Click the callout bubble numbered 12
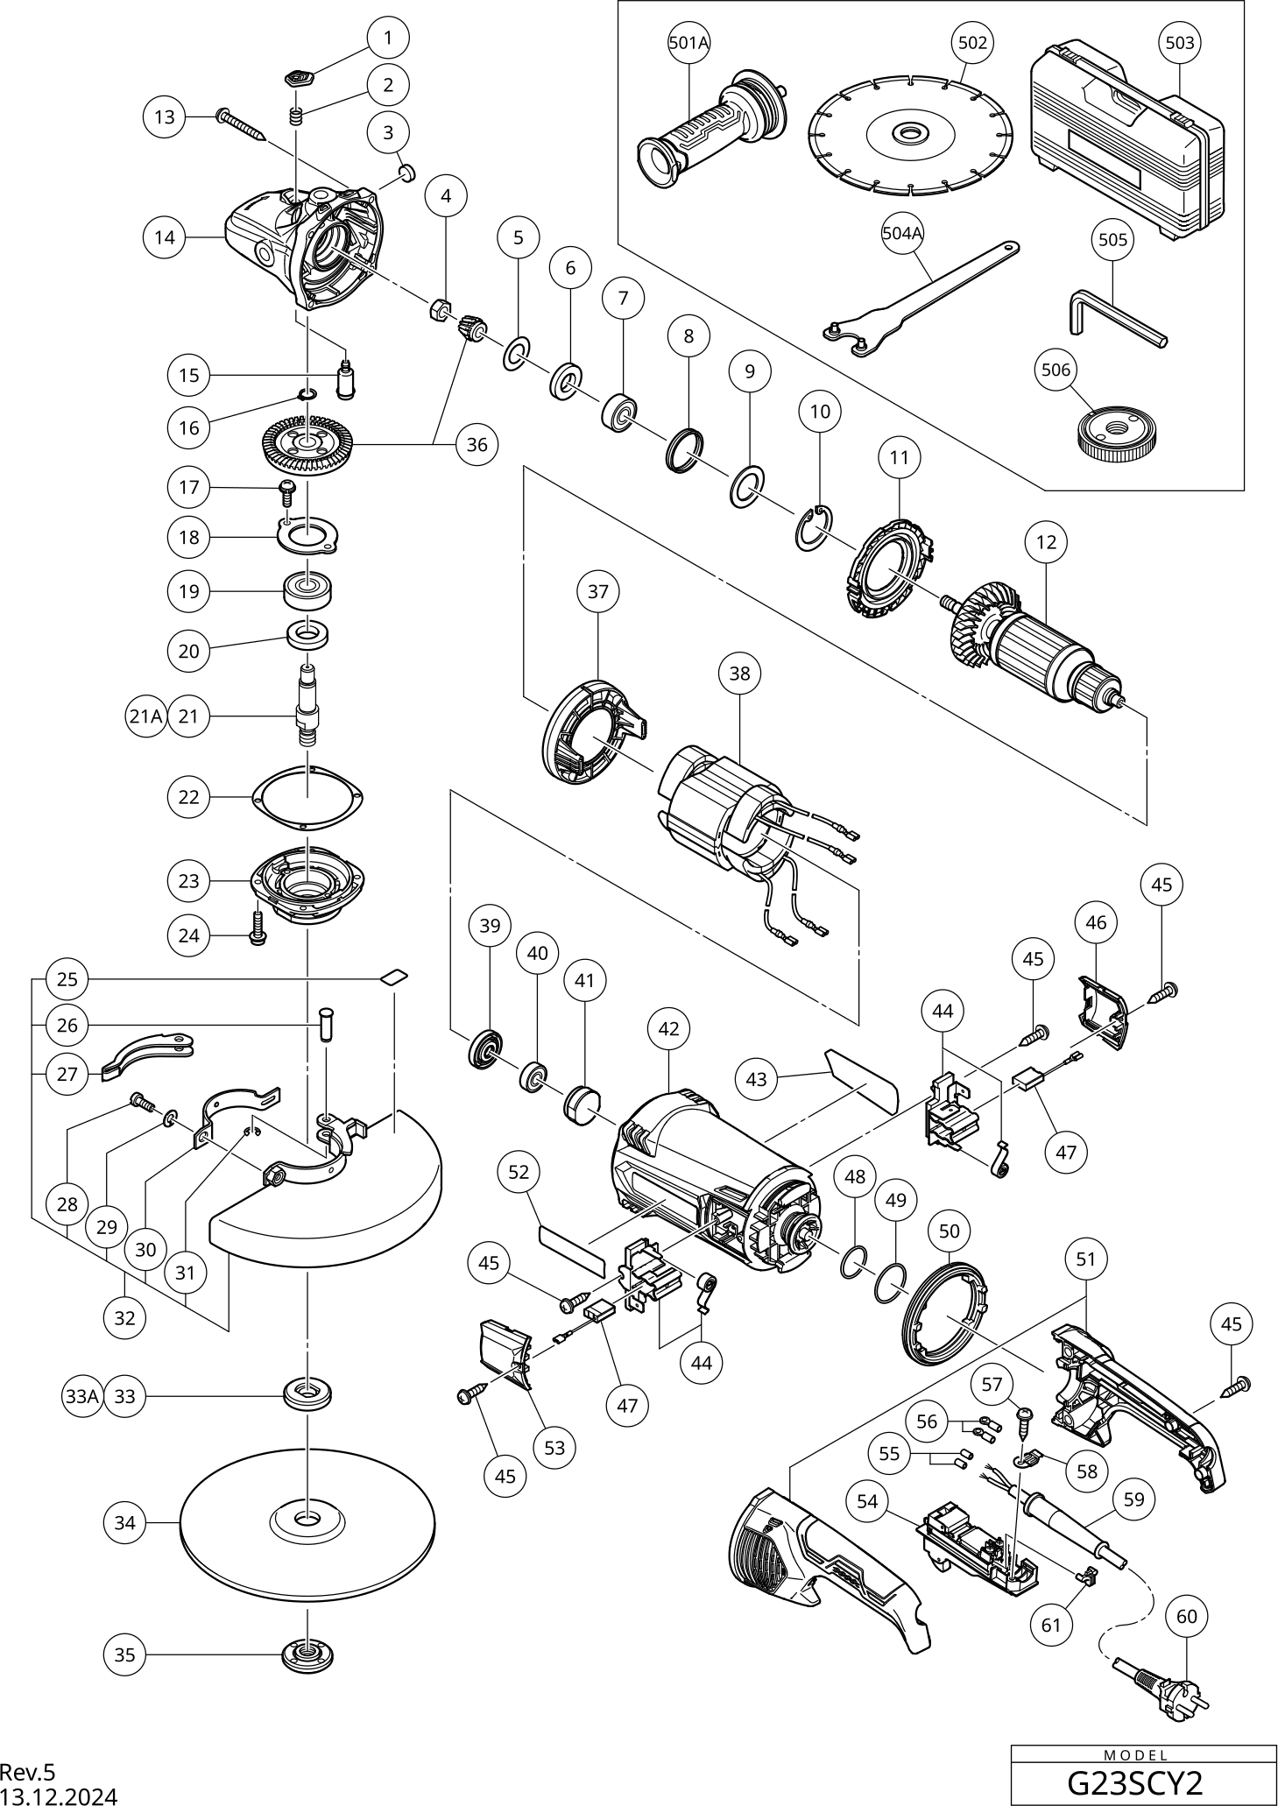[1046, 542]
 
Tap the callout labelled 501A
[688, 42]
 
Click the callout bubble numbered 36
[477, 445]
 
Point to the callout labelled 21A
[145, 716]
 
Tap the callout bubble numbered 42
[668, 1028]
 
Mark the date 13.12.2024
[58, 1795]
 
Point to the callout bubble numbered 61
[1051, 1625]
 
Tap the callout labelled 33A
[81, 1396]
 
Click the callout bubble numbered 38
[739, 673]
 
